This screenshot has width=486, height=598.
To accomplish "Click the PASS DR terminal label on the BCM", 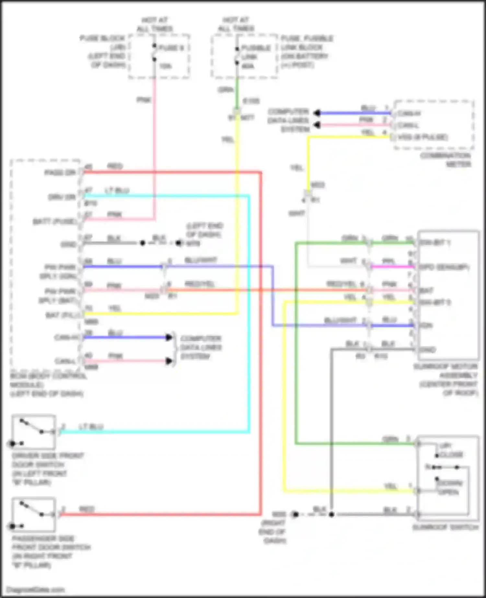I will (x=60, y=173).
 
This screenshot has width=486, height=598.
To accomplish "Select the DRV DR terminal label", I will (x=62, y=197).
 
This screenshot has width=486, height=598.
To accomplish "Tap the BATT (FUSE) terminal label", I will (x=55, y=222).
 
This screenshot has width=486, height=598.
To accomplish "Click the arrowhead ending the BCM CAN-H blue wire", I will (x=169, y=337).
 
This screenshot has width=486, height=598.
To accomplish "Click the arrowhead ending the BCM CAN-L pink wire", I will (x=169, y=361).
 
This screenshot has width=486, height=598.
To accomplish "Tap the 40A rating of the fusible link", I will (x=248, y=66).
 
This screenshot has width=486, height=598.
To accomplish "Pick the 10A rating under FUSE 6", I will (x=166, y=66).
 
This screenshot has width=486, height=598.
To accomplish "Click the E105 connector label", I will (x=251, y=101).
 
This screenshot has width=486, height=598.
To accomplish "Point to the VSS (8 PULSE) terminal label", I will (x=422, y=137).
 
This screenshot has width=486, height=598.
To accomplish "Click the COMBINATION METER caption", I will (x=445, y=160).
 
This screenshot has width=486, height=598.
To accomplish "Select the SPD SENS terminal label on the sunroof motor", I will (x=444, y=267).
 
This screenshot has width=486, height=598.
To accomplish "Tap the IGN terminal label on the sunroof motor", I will (x=426, y=325).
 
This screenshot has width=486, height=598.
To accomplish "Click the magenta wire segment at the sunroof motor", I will (x=392, y=267).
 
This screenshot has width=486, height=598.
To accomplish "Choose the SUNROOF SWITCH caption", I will (x=445, y=527).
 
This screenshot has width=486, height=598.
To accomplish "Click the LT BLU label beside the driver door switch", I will (x=91, y=427).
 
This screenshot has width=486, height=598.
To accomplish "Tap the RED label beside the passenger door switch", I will (x=87, y=509).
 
